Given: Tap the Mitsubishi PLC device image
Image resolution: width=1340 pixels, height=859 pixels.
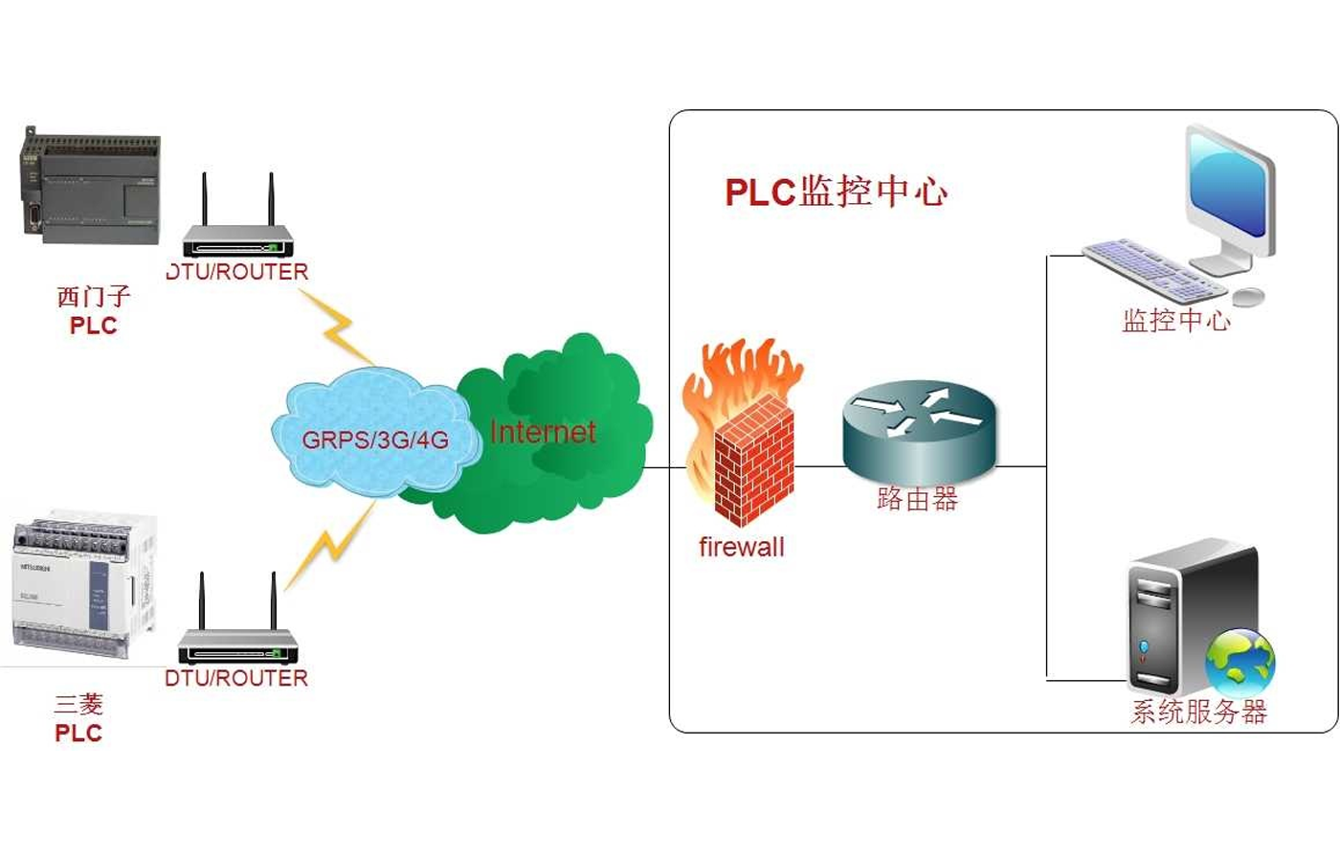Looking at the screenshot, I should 84,586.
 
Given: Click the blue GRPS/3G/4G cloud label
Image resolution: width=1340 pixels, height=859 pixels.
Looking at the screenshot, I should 374,440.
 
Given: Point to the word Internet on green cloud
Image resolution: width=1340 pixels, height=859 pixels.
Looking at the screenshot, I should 543,432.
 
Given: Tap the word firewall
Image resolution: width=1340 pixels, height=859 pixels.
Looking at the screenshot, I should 741,547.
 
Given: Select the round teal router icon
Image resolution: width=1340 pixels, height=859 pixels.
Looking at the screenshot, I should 919,428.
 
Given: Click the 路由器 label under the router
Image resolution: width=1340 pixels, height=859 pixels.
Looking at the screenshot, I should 917,498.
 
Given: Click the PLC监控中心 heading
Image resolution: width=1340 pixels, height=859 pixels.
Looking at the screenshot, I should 836,192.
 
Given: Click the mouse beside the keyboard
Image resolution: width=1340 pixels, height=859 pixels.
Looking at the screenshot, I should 1248,297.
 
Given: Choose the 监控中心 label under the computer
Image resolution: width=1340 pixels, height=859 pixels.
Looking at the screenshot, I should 1176,320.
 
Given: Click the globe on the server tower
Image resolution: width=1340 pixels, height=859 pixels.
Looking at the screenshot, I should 1240,661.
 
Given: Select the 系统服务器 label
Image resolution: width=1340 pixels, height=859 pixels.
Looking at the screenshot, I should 1198,712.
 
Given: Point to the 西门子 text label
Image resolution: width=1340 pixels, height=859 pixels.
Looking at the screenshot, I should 93,296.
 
